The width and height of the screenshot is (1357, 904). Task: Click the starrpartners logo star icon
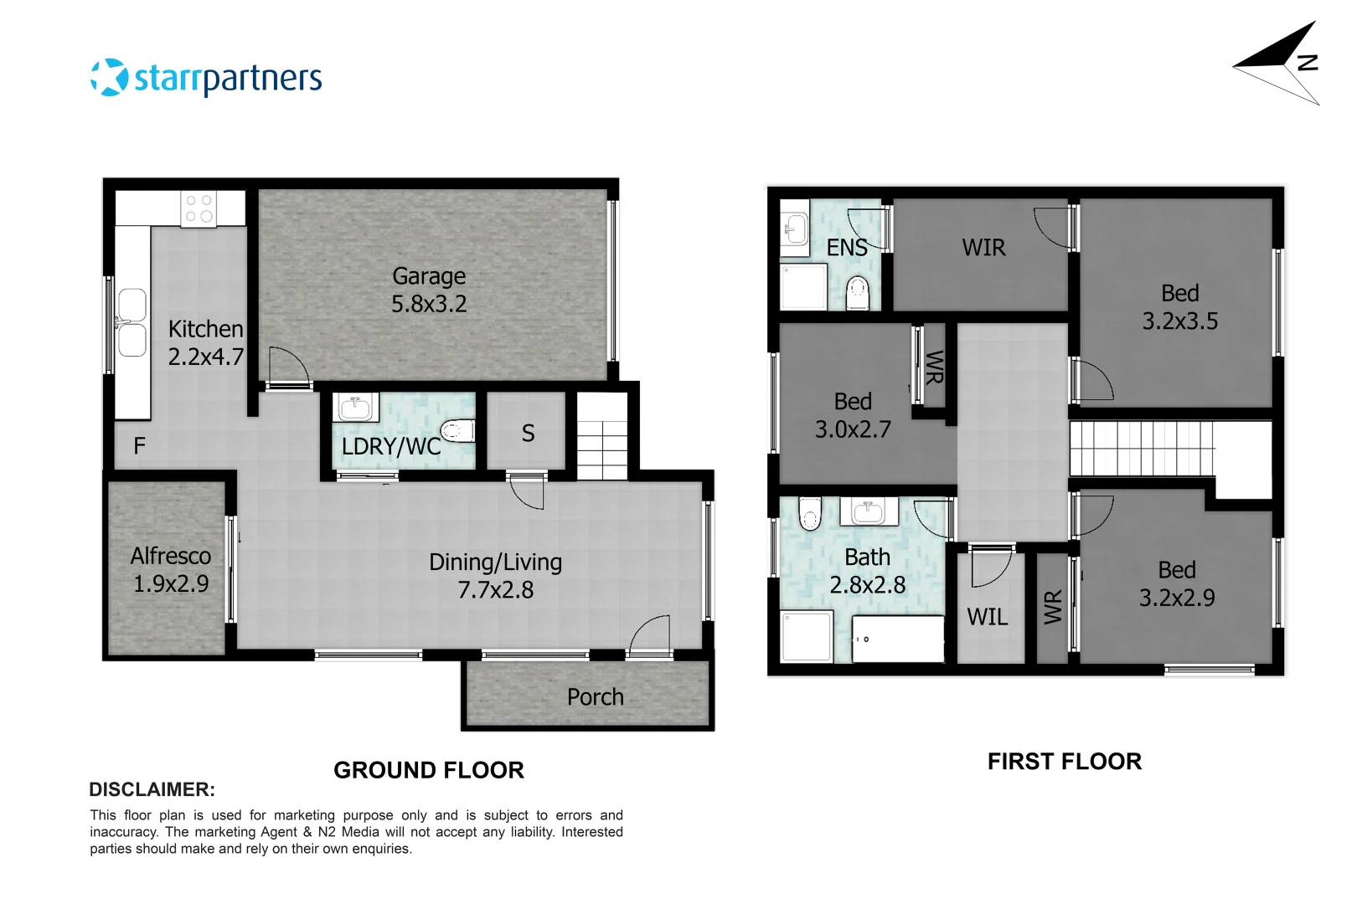coord(110,78)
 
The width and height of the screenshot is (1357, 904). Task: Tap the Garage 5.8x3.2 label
coord(429,290)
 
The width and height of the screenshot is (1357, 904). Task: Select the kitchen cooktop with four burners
coord(199,208)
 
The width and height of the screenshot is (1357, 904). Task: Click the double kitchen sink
coord(132,322)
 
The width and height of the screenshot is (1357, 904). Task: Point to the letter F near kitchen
coord(140,446)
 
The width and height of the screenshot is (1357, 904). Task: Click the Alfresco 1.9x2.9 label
coord(171,570)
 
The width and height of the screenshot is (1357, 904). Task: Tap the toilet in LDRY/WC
coord(457,430)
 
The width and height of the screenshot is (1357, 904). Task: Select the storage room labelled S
coord(528,433)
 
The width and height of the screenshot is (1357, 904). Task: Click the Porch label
coord(595,697)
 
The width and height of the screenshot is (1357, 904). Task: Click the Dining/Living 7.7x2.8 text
coord(495,576)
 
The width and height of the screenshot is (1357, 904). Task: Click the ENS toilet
coord(858,293)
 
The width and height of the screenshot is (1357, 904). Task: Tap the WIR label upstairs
coord(983,248)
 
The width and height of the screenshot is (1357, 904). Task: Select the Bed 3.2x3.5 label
coord(1179,307)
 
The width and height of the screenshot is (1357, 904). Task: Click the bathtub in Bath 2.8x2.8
coord(898,639)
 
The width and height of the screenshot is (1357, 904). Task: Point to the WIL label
coord(988,618)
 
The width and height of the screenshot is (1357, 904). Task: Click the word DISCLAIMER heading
coord(152,789)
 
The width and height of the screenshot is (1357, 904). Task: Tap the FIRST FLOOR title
coord(1064,762)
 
